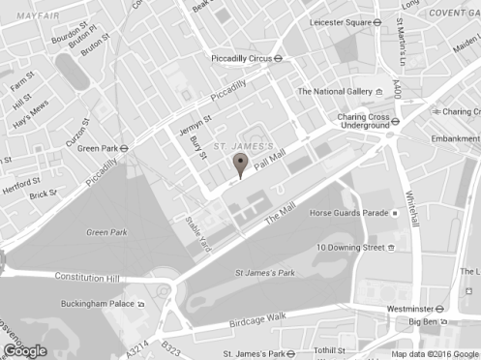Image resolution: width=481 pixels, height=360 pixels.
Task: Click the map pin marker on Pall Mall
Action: (x=241, y=165)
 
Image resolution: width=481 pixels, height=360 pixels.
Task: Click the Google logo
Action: (x=25, y=350)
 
